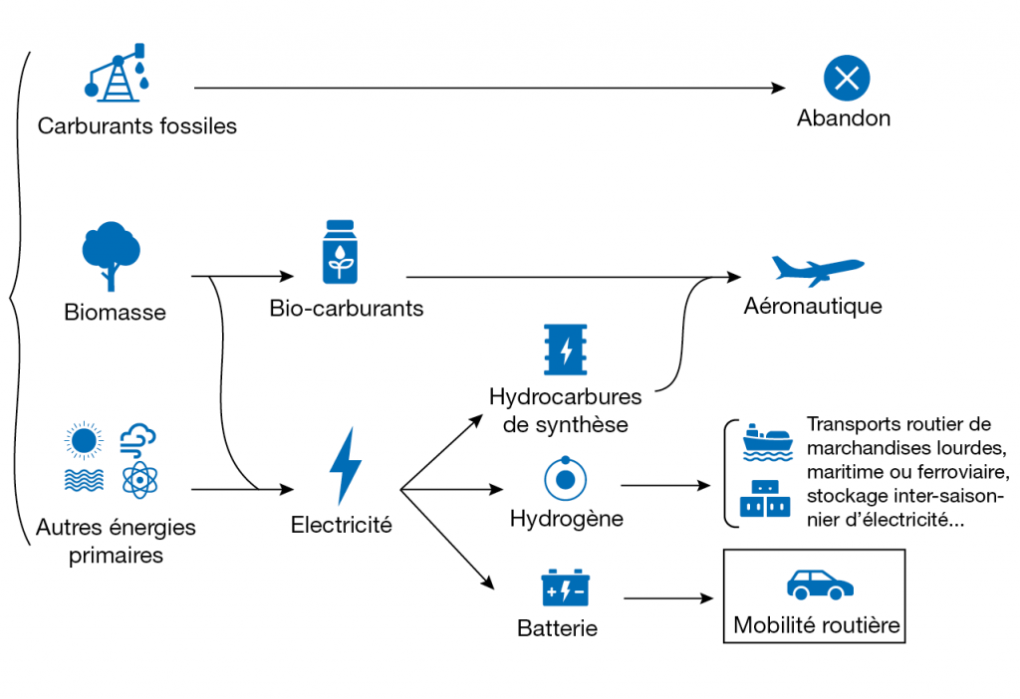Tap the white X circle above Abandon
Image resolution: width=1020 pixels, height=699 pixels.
click(846, 79)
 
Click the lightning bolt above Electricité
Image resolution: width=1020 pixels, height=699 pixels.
click(346, 466)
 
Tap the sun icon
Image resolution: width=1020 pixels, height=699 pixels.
click(83, 440)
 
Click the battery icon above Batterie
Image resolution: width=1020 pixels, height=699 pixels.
click(565, 588)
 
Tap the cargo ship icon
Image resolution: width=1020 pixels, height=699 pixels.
click(766, 442)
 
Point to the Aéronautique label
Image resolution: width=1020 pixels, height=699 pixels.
click(813, 306)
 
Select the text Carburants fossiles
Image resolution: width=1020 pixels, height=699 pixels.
click(137, 126)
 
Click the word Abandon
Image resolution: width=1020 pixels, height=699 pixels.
click(844, 118)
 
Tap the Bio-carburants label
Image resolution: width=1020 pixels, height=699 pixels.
click(347, 308)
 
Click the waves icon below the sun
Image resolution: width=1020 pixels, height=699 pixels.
click(83, 480)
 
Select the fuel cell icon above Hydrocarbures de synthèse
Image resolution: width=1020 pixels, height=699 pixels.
click(566, 349)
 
